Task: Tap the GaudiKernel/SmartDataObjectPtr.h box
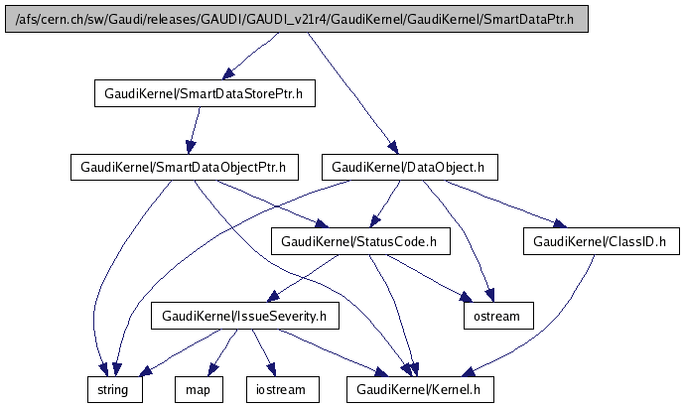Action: pos(184,168)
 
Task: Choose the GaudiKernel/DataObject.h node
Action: pos(408,168)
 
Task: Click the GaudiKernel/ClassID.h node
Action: pos(606,241)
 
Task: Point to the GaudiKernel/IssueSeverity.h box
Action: pos(244,316)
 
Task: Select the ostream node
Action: pos(497,316)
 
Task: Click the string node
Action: pos(113,389)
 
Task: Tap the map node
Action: pos(197,389)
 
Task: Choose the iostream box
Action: pos(283,389)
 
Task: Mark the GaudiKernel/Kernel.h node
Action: pos(419,389)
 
